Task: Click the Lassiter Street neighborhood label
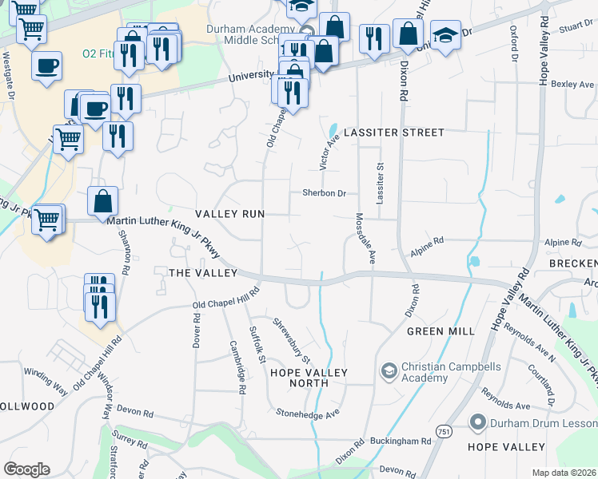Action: click(x=393, y=132)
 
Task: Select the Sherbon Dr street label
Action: click(x=324, y=193)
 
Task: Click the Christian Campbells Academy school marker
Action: click(x=389, y=370)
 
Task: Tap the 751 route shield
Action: click(x=443, y=431)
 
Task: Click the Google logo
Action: click(x=26, y=469)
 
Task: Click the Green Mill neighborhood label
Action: click(x=441, y=331)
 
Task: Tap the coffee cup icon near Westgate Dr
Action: click(x=47, y=65)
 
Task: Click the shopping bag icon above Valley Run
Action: click(x=103, y=201)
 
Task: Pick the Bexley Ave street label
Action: click(x=576, y=84)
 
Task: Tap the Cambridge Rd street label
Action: click(x=237, y=367)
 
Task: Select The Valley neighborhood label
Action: click(x=203, y=273)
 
